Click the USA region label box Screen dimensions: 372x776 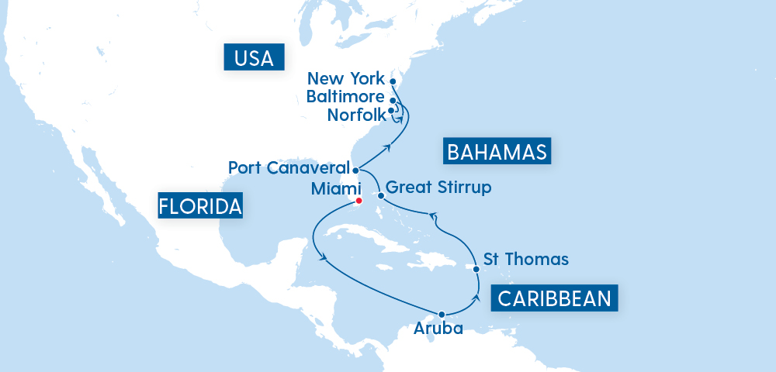pyautogui.click(x=255, y=57)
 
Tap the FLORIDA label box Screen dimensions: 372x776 pyautogui.click(x=200, y=206)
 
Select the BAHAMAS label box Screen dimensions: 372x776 pyautogui.click(x=497, y=150)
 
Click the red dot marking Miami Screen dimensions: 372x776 pyautogui.click(x=359, y=201)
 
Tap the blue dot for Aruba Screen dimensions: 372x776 pyautogui.click(x=441, y=315)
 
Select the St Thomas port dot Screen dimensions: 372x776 pyautogui.click(x=476, y=269)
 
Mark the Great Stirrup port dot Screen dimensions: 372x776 pyautogui.click(x=379, y=196)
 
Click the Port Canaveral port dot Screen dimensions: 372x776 pyautogui.click(x=355, y=170)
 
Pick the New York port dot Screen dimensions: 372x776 pyautogui.click(x=393, y=81)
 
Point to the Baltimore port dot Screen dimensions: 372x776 pyautogui.click(x=393, y=100)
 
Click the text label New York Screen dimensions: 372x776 pyautogui.click(x=346, y=78)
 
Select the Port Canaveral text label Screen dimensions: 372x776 pyautogui.click(x=289, y=168)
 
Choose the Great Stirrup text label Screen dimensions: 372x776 pyautogui.click(x=438, y=188)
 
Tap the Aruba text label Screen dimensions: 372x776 pyautogui.click(x=438, y=329)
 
